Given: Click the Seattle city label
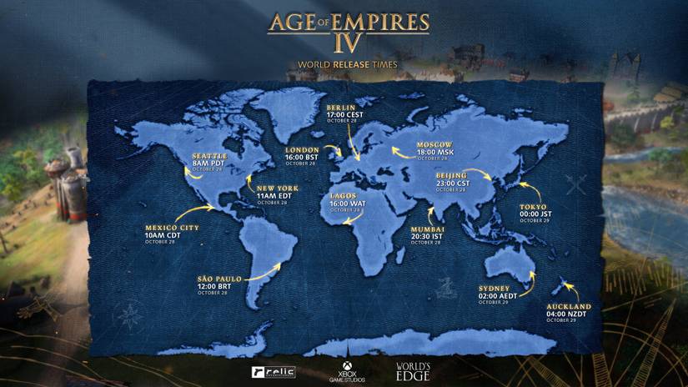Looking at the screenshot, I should coord(208,155).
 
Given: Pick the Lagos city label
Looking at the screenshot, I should coord(344,194).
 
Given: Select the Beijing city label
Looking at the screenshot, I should coord(451,175).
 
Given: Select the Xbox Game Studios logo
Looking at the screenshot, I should coord(343,370).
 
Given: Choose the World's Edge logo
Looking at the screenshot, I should coord(413,370).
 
